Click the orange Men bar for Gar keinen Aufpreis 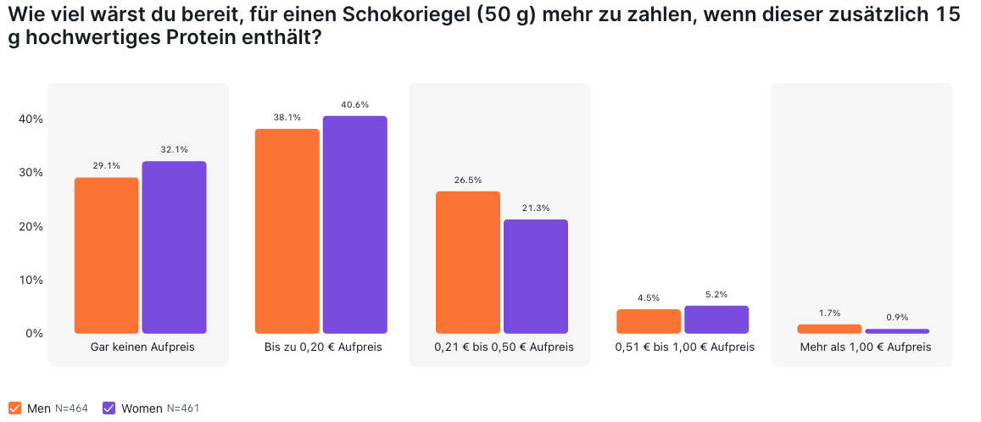106,256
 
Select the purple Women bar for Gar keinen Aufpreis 174,247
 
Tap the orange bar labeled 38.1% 287,231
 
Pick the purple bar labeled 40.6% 354,225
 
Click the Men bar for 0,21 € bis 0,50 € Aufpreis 468,263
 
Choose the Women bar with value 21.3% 536,276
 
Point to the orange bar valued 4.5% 649,321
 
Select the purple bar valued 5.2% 716,319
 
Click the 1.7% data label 829,313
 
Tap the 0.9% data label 897,317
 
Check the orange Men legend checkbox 15,408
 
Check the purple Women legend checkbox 109,408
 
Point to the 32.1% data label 174,149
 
